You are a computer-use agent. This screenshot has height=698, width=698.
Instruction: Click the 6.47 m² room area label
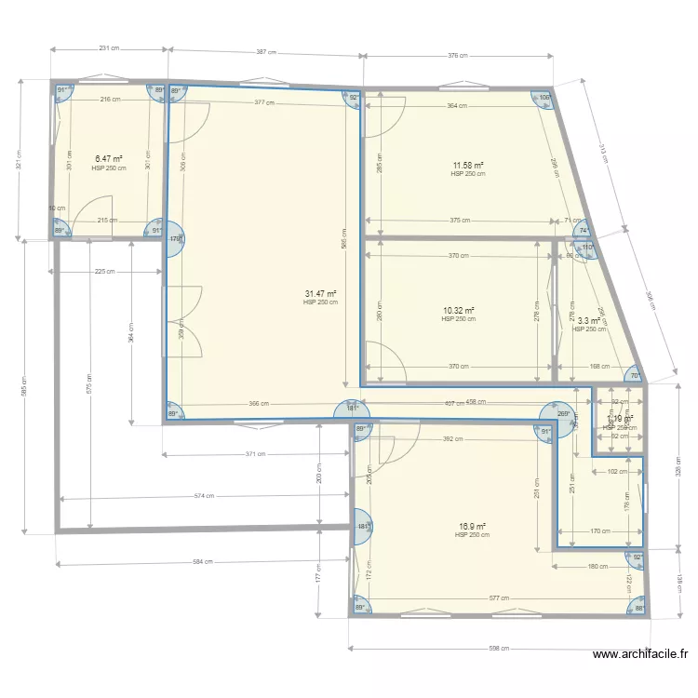[108, 159]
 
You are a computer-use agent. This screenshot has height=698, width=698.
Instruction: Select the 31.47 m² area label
[320, 293]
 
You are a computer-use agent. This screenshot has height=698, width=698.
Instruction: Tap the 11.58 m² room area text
[467, 165]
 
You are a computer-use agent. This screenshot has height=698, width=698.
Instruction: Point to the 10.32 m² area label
[458, 310]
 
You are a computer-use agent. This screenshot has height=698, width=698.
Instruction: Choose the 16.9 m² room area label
[471, 527]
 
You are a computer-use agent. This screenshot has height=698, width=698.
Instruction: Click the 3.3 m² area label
[589, 321]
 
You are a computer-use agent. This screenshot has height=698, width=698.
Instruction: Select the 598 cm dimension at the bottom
[498, 648]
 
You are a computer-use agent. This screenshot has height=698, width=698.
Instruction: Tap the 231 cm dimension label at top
[109, 48]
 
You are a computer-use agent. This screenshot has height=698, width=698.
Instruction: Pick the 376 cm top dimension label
[457, 56]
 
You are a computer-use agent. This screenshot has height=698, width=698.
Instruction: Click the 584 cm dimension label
[203, 561]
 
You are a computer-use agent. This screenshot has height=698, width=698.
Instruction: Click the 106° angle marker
[544, 98]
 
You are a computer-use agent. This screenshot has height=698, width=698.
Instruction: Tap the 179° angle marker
[175, 239]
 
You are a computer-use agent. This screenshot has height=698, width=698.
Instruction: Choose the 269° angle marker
[561, 414]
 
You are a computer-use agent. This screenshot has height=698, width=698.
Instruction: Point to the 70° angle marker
[635, 375]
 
